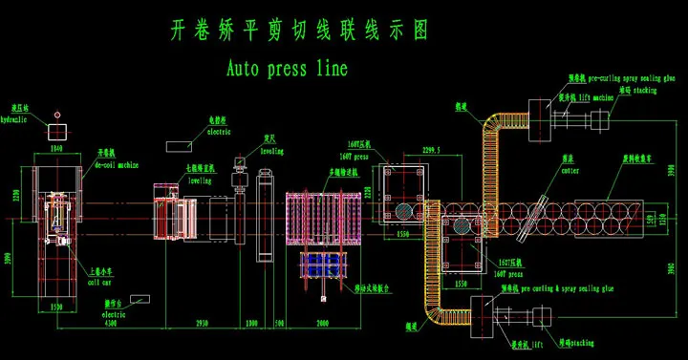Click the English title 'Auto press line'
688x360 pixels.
coord(288,69)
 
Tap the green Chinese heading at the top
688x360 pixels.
coord(297,30)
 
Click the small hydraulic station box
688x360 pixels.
coord(59,131)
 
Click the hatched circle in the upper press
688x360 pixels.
coord(405,210)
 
